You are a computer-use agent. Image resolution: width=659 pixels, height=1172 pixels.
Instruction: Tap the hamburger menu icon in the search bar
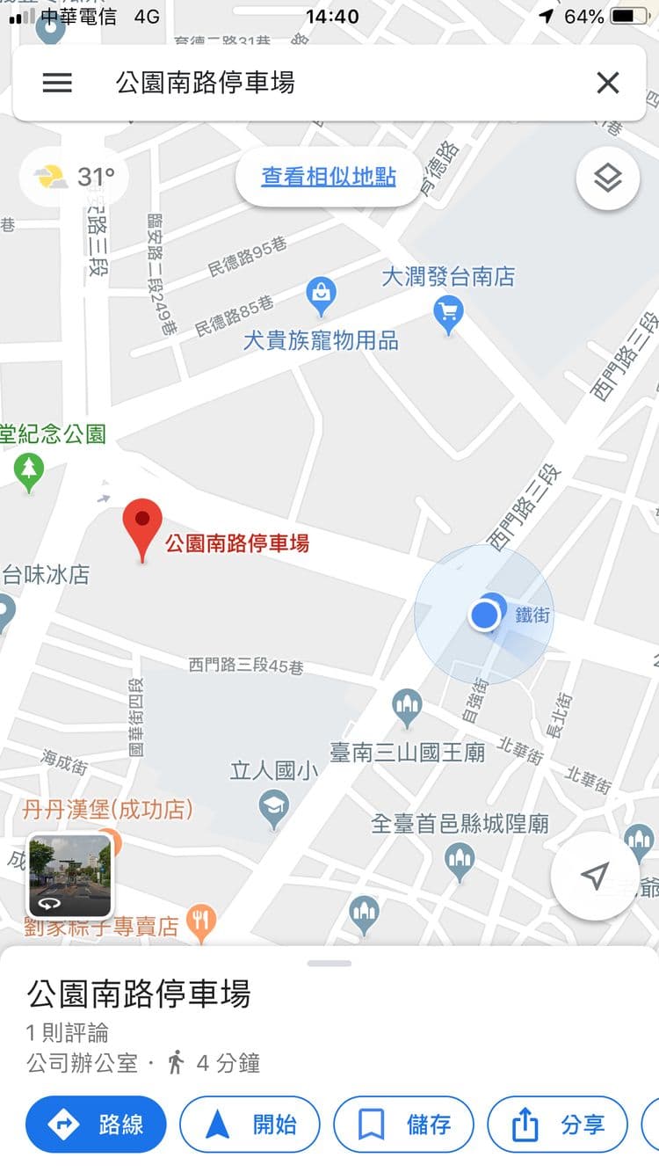pyautogui.click(x=57, y=83)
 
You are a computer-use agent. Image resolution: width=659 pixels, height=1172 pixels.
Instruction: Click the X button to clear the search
pyautogui.click(x=607, y=83)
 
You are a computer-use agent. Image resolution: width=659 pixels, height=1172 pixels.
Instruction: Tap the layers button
pyautogui.click(x=607, y=178)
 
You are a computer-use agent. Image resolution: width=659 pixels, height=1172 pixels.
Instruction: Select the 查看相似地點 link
pyautogui.click(x=329, y=177)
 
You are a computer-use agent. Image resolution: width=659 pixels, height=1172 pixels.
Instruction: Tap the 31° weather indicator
pyautogui.click(x=75, y=177)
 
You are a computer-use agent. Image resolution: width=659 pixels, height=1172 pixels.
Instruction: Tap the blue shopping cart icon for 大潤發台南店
pyautogui.click(x=449, y=312)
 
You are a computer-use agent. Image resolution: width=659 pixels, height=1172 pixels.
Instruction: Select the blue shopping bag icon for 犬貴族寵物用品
pyautogui.click(x=321, y=295)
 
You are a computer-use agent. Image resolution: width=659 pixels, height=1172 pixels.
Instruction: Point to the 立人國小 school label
pyautogui.click(x=275, y=771)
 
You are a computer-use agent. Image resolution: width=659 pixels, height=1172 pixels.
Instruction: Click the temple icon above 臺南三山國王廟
pyautogui.click(x=407, y=706)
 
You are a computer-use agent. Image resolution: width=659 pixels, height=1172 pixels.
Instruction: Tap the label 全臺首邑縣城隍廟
pyautogui.click(x=460, y=824)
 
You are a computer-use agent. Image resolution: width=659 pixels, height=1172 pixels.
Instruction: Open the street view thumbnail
pyautogui.click(x=70, y=876)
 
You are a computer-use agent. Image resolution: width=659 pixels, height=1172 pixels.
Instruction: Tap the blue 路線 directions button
pyautogui.click(x=96, y=1124)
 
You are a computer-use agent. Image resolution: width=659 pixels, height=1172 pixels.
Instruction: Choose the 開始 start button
pyautogui.click(x=250, y=1124)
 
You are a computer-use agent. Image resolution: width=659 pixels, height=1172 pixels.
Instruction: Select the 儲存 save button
pyautogui.click(x=403, y=1124)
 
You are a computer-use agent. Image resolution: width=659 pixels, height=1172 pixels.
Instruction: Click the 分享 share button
pyautogui.click(x=557, y=1124)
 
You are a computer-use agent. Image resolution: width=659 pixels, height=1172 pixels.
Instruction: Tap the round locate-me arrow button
pyautogui.click(x=595, y=876)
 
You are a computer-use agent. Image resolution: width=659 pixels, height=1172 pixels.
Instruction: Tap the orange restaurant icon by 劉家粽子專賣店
pyautogui.click(x=203, y=923)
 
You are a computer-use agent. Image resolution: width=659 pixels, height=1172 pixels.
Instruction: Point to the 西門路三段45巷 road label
pyautogui.click(x=246, y=666)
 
